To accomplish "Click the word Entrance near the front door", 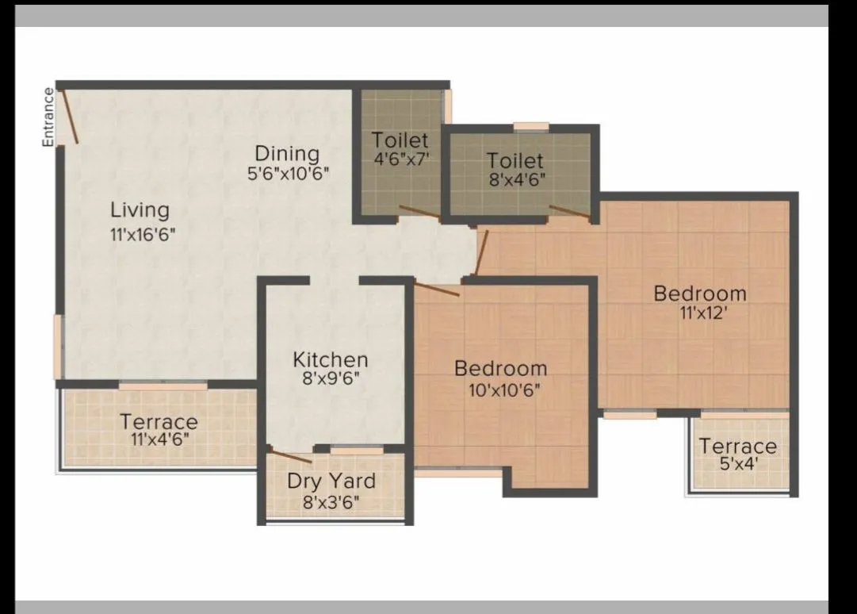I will [x=48, y=117].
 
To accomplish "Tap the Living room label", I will [x=140, y=210].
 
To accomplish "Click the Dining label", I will [x=287, y=153].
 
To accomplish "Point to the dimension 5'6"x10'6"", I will [x=288, y=172].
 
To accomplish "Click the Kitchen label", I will [x=330, y=359].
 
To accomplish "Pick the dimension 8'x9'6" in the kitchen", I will [x=330, y=378].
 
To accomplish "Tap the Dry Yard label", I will [x=331, y=481].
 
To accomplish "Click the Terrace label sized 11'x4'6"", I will [x=159, y=421].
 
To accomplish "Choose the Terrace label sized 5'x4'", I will [x=737, y=446].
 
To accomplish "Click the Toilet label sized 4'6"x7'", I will [x=400, y=140].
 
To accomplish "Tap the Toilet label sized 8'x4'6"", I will [x=515, y=161].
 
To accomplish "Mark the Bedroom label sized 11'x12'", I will [x=700, y=294].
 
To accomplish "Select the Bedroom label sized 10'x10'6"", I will [x=500, y=368].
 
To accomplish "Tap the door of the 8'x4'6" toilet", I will [x=569, y=210].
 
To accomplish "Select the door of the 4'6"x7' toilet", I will [x=419, y=210].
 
